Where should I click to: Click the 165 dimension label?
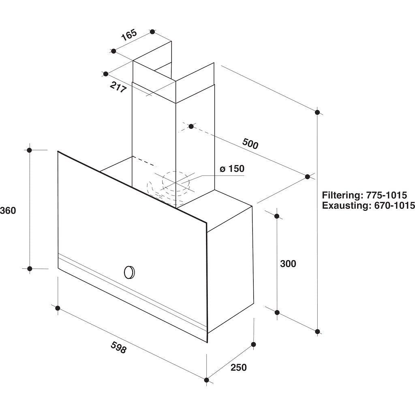point(129,35)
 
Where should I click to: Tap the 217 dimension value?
point(118,87)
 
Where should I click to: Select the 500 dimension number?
point(250,144)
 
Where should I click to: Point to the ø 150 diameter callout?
point(232,169)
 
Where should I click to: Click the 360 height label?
point(8,210)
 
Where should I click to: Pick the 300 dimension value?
point(288,263)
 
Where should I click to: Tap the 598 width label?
point(119,347)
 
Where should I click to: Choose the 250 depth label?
point(238,367)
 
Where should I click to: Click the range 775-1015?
point(386,195)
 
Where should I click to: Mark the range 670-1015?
point(394,205)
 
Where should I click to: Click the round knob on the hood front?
point(129,272)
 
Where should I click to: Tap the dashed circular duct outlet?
point(176,181)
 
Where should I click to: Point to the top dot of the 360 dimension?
point(30,150)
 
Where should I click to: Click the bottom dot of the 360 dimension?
point(30,269)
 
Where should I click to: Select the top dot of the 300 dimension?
point(277,216)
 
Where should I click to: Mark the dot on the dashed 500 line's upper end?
point(191,126)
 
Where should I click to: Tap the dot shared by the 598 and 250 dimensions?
point(206,380)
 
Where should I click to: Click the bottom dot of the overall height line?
point(318,332)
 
